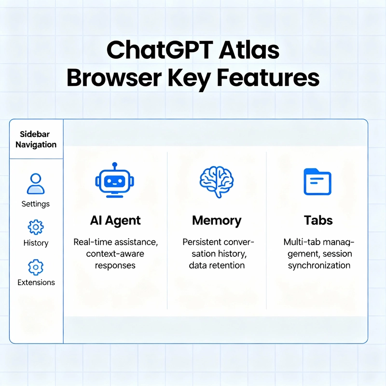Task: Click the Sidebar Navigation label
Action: (36, 139)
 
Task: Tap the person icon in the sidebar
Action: (36, 184)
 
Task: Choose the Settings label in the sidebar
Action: (36, 204)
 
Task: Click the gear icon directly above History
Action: (36, 227)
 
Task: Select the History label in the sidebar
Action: (36, 243)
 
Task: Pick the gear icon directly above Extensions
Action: (36, 266)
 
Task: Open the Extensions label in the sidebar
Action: (36, 283)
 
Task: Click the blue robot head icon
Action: (115, 181)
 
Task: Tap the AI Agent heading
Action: (115, 221)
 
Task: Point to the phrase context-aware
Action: (115, 253)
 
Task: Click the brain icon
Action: (216, 181)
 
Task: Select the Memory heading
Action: (217, 221)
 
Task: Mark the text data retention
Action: (217, 265)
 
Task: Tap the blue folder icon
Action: (317, 181)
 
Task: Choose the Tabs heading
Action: (318, 221)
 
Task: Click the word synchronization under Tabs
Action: (319, 265)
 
